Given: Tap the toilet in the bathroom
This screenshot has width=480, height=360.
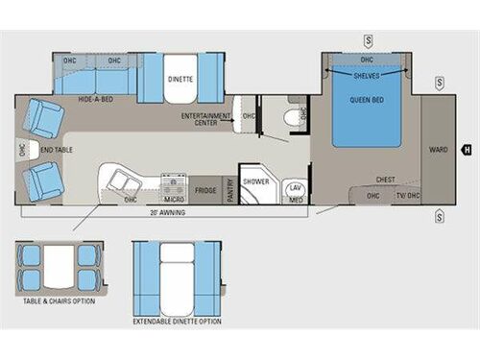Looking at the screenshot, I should coord(289,117).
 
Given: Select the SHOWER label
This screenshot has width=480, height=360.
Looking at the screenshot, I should coord(255,180).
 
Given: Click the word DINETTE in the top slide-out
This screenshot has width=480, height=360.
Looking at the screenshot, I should coord(180,79).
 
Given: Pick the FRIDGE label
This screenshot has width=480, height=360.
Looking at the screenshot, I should coord(204,190).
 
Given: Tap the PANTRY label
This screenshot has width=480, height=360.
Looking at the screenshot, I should coord(230,190).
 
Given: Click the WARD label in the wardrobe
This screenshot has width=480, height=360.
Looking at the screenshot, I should coord(438,149).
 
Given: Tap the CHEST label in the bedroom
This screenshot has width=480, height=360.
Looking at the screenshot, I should coord(385,180).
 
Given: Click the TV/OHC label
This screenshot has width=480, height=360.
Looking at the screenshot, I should coord(408,196).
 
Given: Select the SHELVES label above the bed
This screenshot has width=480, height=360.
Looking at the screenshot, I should coord(366,75).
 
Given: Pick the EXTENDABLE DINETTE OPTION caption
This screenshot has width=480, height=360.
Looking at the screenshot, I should coord(177,320).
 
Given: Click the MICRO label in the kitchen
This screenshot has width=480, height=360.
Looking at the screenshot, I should coord(175,200).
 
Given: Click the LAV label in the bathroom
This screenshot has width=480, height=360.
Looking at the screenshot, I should coord(296,189).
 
